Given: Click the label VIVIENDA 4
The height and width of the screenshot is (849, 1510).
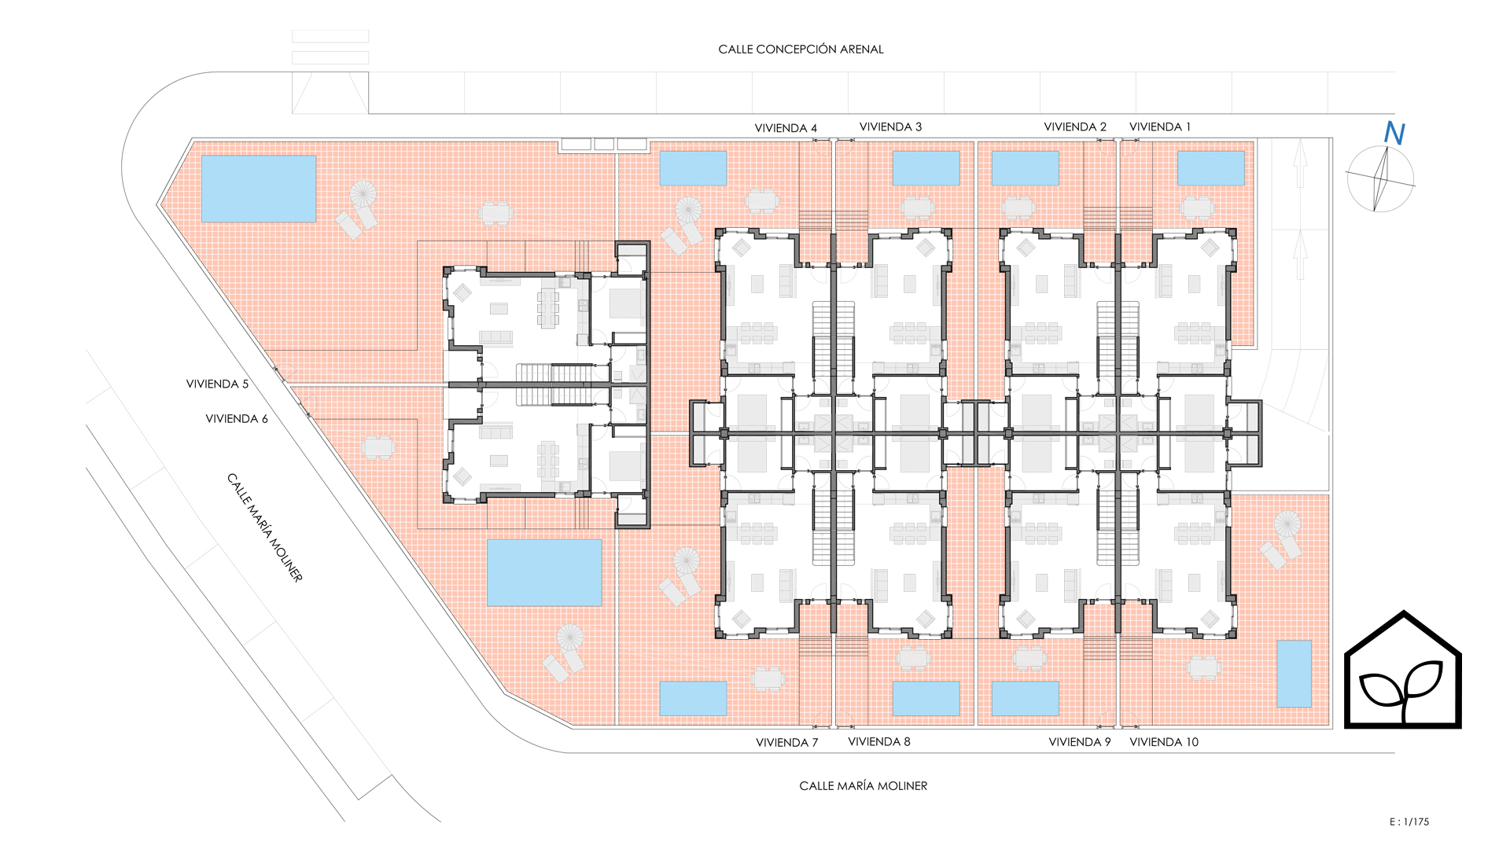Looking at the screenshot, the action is [x=786, y=128].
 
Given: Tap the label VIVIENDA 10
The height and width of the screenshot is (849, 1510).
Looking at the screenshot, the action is [x=1164, y=742].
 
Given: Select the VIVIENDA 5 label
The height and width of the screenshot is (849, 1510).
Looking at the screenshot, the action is [x=217, y=384].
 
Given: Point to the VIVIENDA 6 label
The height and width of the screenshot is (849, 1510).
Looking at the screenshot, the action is [x=237, y=419].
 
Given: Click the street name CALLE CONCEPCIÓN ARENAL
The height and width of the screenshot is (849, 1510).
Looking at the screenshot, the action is [x=801, y=49].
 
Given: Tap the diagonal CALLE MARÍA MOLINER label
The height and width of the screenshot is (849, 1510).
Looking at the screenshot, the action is [x=265, y=527].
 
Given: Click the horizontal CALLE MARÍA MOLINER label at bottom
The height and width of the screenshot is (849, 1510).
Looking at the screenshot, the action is [x=863, y=785].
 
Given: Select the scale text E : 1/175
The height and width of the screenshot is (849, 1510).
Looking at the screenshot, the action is [x=1409, y=821].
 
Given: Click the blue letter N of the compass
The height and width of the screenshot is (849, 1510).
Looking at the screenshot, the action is [x=1394, y=134].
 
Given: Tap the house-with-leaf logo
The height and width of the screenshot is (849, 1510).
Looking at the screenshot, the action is [x=1403, y=670].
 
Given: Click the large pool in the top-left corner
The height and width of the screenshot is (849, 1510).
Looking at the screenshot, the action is [x=259, y=189].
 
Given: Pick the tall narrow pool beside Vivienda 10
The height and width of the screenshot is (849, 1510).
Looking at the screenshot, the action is [x=1294, y=674].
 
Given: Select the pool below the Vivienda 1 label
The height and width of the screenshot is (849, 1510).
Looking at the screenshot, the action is [x=1211, y=168].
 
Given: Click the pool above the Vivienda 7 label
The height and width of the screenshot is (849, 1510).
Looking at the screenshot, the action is [x=693, y=699].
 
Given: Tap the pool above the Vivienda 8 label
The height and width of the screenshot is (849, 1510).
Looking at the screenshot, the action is [x=926, y=699].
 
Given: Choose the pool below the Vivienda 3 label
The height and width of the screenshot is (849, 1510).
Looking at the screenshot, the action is [x=926, y=168].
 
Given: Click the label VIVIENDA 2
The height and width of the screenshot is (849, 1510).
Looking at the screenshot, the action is [x=1075, y=127].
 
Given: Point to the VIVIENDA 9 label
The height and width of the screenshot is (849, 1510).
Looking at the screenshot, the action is [x=1080, y=742].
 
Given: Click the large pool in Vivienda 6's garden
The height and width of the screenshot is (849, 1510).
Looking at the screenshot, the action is [x=544, y=573].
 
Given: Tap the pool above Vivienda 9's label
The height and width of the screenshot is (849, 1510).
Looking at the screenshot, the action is [x=1025, y=699].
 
